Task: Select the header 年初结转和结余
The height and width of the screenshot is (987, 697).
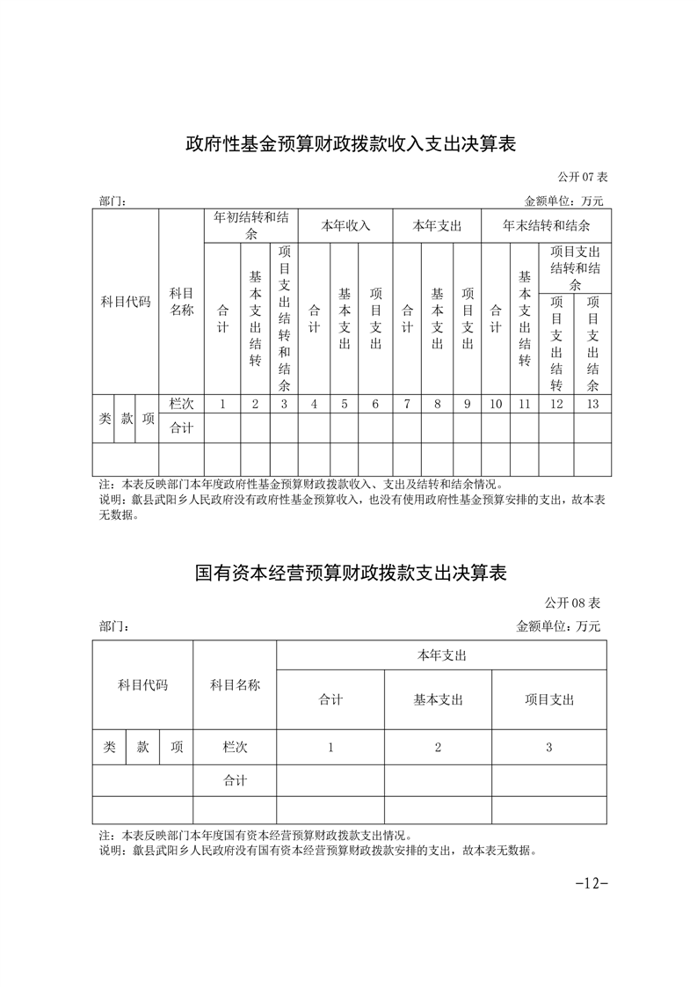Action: pos(250,225)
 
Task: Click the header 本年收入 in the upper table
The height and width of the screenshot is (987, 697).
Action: pos(345,225)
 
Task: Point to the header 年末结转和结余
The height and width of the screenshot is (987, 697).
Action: pos(546,225)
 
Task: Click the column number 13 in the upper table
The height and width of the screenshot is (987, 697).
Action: pos(592,404)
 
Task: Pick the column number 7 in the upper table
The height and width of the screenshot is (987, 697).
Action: pos(407,404)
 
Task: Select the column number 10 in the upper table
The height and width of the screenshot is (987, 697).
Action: pos(496,404)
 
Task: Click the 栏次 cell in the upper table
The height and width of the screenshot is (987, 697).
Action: pos(181,404)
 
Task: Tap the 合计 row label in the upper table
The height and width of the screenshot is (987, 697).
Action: pos(181,428)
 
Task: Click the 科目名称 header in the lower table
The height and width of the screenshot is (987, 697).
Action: pos(235,684)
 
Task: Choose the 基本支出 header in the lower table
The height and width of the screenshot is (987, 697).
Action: pos(438,699)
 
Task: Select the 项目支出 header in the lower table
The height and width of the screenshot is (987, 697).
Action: pos(548,699)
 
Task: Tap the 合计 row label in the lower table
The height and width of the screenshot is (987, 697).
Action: pos(235,780)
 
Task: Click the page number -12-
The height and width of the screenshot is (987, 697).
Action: pos(592,882)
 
